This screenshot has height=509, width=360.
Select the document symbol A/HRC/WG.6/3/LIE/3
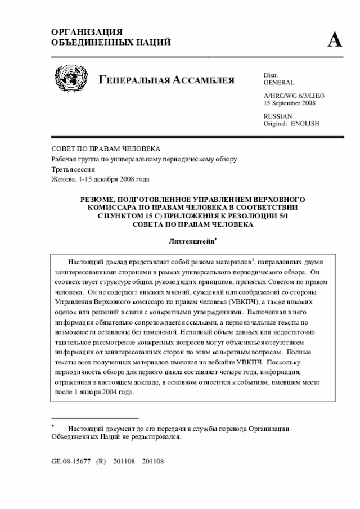(294, 96)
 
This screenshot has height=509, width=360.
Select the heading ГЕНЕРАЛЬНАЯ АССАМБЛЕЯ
(166, 80)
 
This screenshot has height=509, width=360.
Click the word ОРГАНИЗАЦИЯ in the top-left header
(87, 33)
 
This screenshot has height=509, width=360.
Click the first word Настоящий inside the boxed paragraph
(85, 262)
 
